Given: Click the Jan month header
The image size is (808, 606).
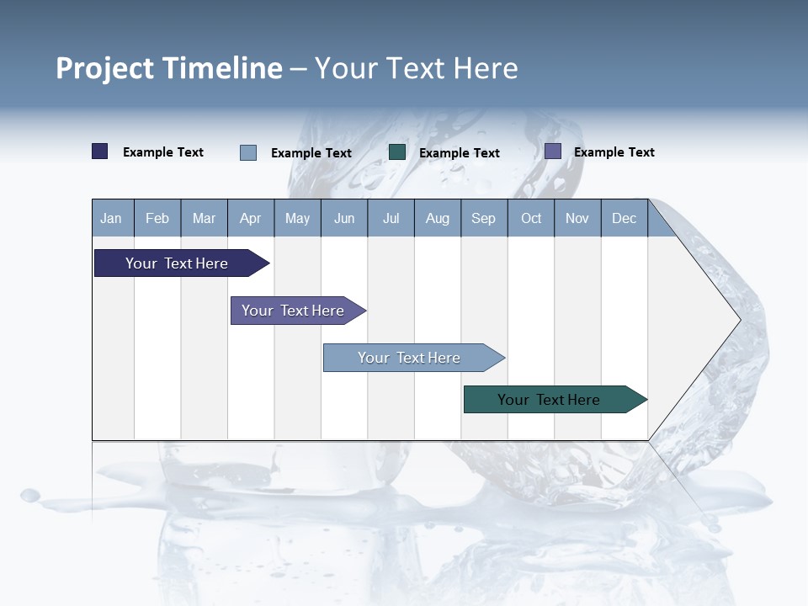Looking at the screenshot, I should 112,218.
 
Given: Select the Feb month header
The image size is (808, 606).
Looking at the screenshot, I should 157,218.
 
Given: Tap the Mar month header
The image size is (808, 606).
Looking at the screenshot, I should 204,218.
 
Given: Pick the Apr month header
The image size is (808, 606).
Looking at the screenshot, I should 251,218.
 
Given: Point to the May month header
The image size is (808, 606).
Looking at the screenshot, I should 297,218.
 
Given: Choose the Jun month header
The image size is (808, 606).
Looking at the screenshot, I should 344,218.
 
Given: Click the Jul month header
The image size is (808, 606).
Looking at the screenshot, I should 391,218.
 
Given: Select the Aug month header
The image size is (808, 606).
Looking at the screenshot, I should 438,218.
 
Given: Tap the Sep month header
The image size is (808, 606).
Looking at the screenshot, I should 484,218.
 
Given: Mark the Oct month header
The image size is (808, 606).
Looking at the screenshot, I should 531,218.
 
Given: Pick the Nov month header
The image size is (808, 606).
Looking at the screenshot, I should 577,218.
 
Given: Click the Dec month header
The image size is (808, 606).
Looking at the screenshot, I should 625,218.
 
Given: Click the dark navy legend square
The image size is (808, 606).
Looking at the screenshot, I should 100,151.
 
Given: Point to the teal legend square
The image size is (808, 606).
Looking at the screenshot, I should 397,151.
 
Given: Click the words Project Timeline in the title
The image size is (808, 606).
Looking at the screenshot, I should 169,68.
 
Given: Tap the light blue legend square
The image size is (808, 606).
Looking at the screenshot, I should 248,152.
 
